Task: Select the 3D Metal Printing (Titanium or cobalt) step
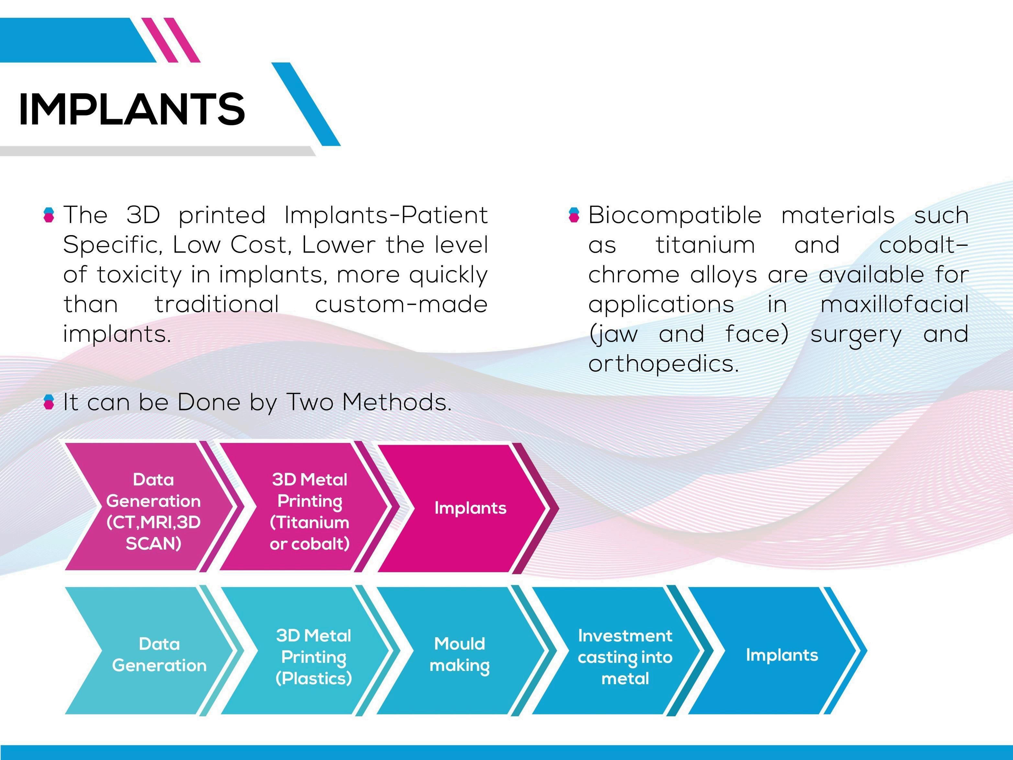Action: click(310, 511)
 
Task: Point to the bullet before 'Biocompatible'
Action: click(574, 214)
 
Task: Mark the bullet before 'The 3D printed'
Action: click(49, 214)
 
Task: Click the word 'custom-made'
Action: click(401, 304)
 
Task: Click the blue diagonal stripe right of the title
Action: click(306, 105)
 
